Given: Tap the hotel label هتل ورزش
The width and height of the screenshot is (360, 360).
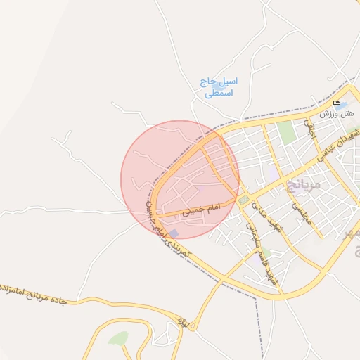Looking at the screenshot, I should [337, 112].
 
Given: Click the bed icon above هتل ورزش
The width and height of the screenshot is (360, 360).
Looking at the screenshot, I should [336, 103].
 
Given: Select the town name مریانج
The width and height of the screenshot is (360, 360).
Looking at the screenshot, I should [303, 185].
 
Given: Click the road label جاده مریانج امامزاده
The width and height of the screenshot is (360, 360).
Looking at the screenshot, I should [32, 293].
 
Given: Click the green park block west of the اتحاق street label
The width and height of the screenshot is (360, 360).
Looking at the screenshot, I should [285, 132].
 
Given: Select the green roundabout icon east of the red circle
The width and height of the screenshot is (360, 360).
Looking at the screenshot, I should [243, 200].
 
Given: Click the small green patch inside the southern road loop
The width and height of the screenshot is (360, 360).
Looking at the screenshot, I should [119, 339].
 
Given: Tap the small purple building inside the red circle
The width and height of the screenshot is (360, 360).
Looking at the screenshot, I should [174, 233].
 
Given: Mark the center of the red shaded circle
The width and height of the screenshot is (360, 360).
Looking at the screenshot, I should [180, 179].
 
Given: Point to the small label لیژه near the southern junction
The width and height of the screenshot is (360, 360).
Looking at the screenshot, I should [184, 322].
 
